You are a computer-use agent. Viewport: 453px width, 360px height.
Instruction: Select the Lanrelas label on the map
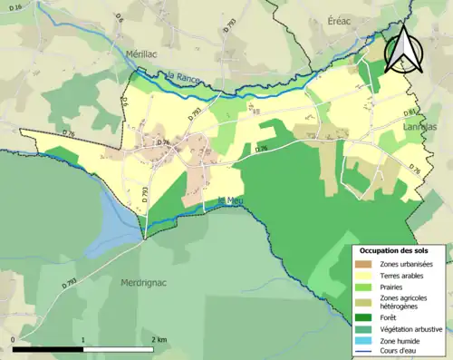418,127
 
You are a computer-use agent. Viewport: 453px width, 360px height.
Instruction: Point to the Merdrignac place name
148,282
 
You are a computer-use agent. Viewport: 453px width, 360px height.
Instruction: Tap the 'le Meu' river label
228,200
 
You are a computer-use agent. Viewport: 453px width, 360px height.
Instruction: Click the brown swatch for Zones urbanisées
367,263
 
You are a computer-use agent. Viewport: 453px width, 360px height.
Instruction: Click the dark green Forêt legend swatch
367,317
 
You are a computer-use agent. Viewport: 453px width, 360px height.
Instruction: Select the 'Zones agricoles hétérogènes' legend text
405,302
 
